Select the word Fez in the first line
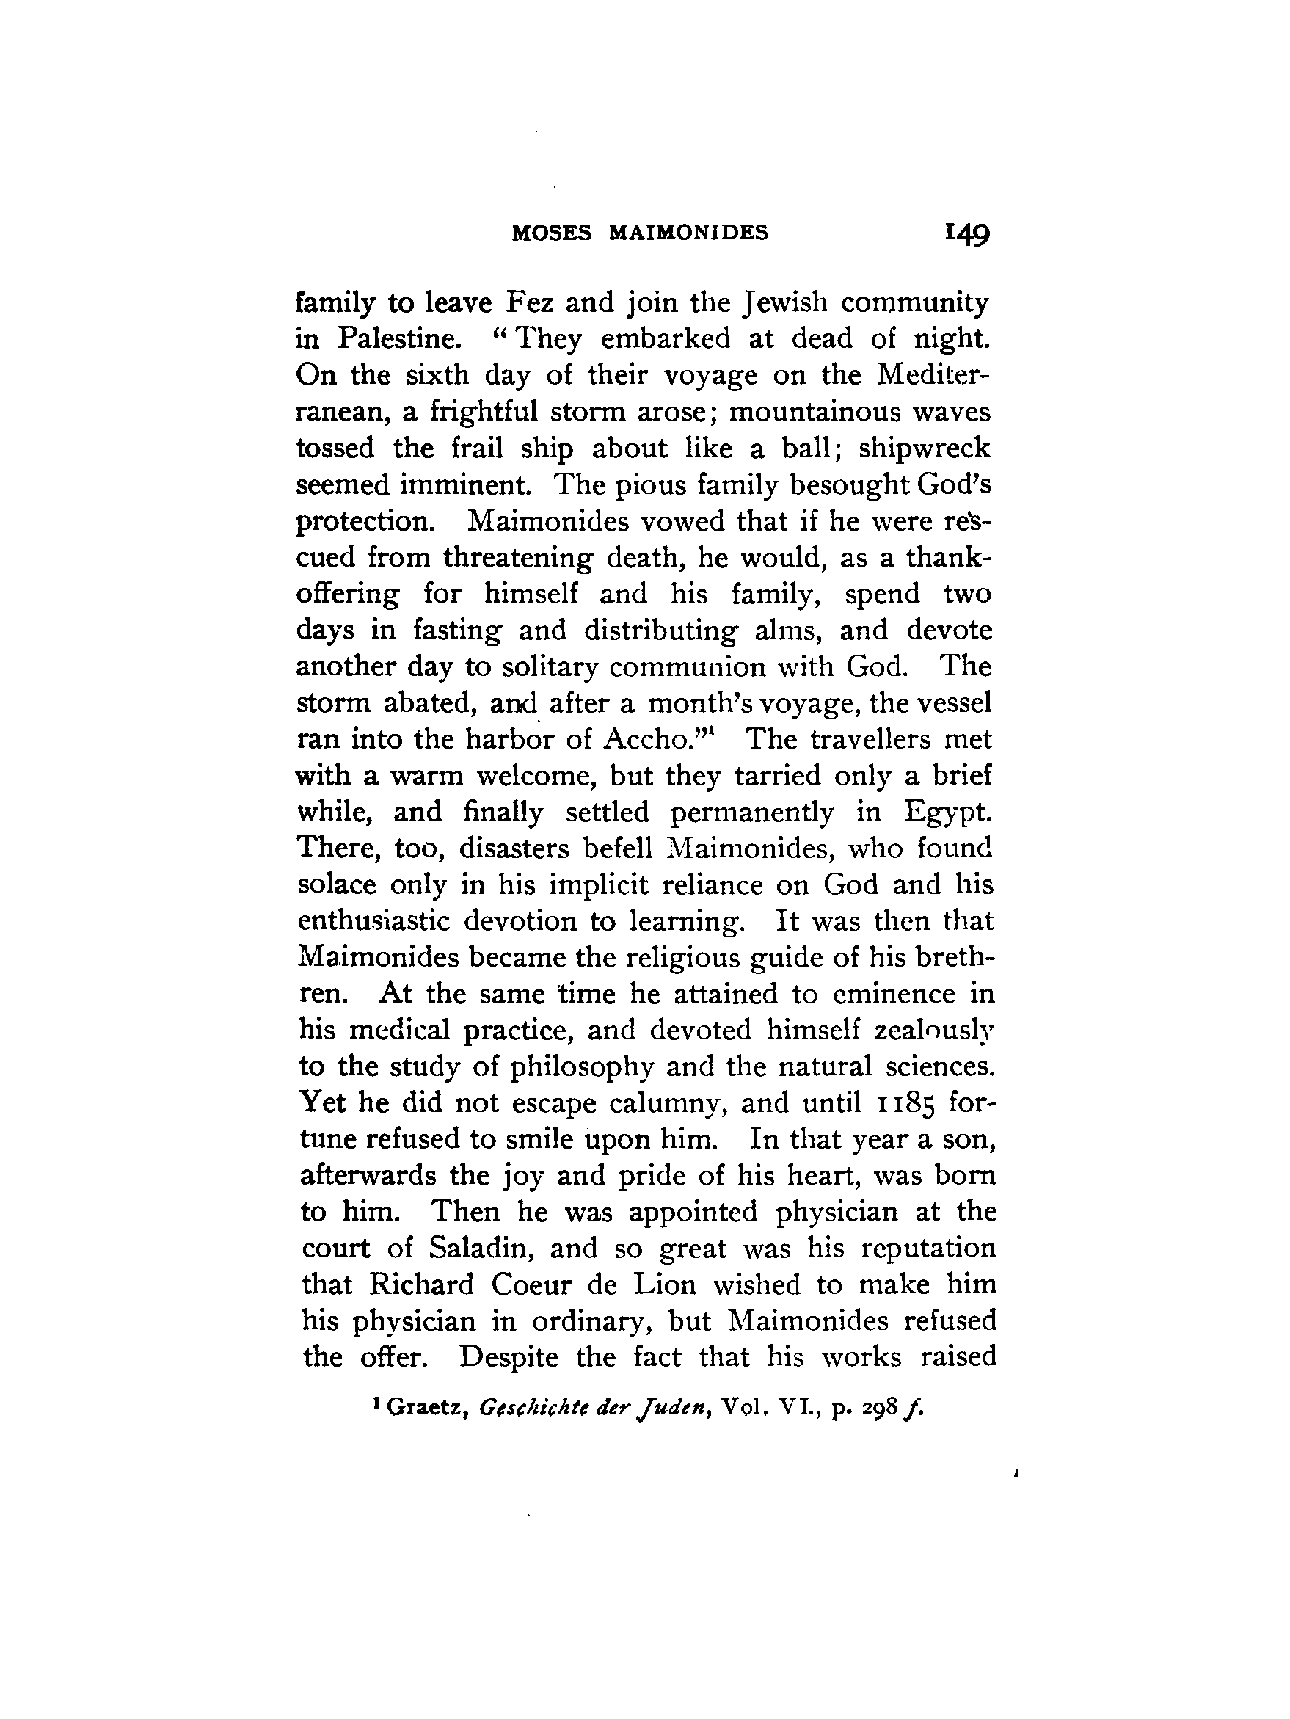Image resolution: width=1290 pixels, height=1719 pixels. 529,302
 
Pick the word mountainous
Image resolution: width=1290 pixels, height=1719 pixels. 811,412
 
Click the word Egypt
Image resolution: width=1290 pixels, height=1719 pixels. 948,813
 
